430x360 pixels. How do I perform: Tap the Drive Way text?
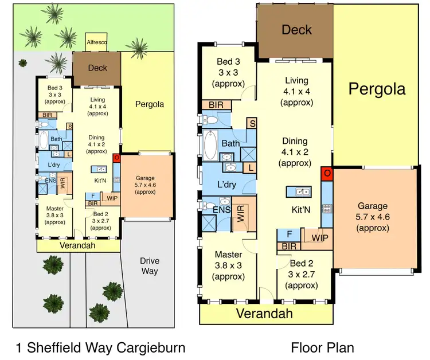(x=150, y=265)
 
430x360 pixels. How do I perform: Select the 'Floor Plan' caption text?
(x=322, y=347)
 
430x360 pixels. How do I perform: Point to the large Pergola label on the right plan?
(x=377, y=89)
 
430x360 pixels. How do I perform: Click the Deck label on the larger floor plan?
(x=296, y=29)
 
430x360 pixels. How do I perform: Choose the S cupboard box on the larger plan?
(x=252, y=123)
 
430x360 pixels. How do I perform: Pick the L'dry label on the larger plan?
(x=228, y=185)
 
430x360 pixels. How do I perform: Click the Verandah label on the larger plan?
(x=265, y=313)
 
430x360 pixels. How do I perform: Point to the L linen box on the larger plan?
(x=251, y=167)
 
